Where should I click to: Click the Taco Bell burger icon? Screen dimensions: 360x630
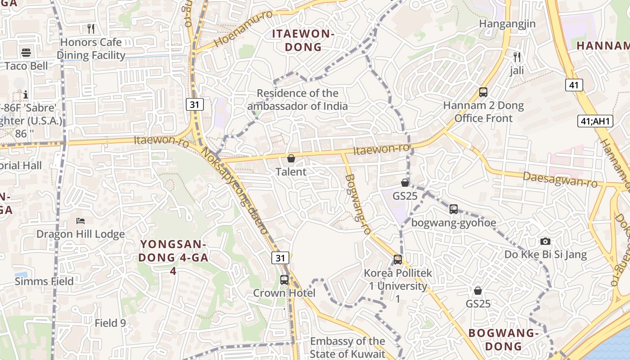[x=26, y=52]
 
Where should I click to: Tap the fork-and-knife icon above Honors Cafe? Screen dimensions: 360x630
[x=91, y=29]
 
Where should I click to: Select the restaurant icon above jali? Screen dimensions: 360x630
[x=517, y=57]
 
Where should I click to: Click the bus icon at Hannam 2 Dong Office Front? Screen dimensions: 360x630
[x=483, y=92]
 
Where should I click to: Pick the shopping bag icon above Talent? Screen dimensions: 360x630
[x=291, y=158]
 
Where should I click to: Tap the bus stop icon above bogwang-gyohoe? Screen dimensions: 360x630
[x=454, y=209]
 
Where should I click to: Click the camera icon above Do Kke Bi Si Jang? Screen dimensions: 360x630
[x=545, y=242]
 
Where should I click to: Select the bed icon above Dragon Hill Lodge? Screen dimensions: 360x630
[x=81, y=221]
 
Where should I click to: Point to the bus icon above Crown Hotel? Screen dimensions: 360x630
[x=284, y=279]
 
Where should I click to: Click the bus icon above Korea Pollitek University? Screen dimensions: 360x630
[x=398, y=259]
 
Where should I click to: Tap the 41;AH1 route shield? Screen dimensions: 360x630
[x=595, y=121]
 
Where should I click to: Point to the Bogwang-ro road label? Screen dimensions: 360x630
[x=357, y=204]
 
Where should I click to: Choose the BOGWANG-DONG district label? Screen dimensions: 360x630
[x=504, y=340]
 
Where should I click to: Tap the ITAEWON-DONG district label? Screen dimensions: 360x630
[x=303, y=40]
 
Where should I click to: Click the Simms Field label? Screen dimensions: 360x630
[x=44, y=282]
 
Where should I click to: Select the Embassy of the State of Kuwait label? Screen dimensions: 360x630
[x=347, y=347]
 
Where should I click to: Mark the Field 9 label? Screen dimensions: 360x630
[x=110, y=323]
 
